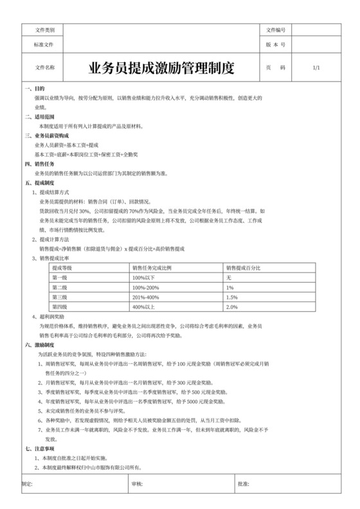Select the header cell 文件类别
pyautogui.click(x=44, y=30)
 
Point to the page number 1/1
pyautogui.click(x=316, y=67)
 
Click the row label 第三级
pyautogui.click(x=60, y=298)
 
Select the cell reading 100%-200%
pyautogui.click(x=146, y=287)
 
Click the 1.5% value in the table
pyautogui.click(x=232, y=298)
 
